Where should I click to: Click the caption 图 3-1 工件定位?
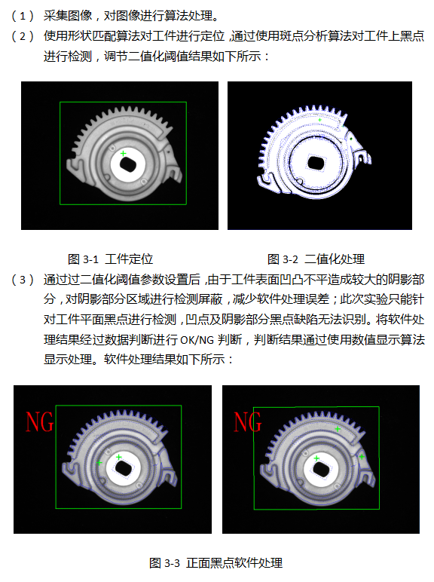point(110,259)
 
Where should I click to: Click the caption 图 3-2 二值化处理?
point(316,259)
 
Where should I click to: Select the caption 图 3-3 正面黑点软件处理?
point(215,562)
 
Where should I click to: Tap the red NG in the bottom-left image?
point(40,422)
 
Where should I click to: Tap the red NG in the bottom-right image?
point(247,422)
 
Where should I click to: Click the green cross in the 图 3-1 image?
point(123,153)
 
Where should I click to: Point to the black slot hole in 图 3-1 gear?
point(128,164)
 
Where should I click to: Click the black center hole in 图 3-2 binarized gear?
point(316,163)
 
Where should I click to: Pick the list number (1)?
point(23,16)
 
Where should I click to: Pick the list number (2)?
point(23,36)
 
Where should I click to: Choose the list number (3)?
point(23,279)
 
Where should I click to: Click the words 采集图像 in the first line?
point(68,16)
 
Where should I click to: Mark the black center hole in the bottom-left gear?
point(124,468)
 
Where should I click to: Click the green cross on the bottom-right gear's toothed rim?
point(338,429)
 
